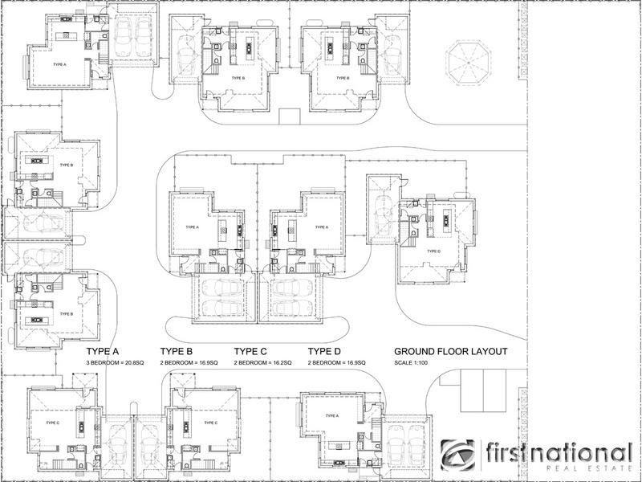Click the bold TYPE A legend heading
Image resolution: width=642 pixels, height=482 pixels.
(x=102, y=352)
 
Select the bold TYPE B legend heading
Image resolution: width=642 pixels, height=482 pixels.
(x=176, y=352)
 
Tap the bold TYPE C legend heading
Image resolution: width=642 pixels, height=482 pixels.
(x=250, y=352)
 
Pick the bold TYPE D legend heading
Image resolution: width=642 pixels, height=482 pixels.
(x=324, y=352)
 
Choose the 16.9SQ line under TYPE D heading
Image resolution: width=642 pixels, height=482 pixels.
(x=339, y=364)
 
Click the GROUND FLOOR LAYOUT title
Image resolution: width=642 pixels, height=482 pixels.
(x=451, y=352)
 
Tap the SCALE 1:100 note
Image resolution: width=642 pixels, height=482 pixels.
(x=412, y=364)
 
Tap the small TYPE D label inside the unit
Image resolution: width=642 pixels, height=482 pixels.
(x=433, y=251)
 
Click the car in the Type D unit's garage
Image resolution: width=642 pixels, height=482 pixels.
(x=380, y=216)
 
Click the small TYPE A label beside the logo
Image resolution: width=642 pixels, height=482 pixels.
(x=331, y=415)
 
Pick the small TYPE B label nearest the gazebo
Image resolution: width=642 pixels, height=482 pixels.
(x=342, y=78)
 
